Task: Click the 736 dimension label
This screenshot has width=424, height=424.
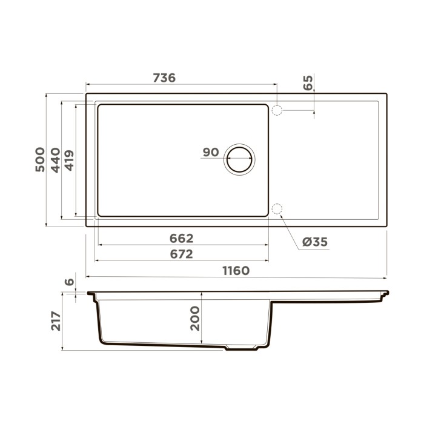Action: tap(164, 78)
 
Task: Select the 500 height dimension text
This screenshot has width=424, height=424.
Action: tap(40, 159)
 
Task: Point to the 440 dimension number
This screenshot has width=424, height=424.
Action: tap(55, 159)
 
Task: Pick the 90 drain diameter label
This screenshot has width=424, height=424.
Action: tap(210, 152)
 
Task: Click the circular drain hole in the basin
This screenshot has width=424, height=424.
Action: tap(239, 159)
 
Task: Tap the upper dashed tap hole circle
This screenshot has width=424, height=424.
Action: tap(277, 110)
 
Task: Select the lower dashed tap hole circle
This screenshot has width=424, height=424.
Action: tap(277, 210)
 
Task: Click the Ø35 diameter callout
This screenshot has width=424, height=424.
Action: tap(314, 242)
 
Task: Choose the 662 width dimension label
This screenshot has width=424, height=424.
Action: tap(181, 239)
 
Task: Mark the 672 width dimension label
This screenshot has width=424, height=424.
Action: tap(181, 254)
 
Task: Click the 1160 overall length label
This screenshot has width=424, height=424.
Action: tap(235, 270)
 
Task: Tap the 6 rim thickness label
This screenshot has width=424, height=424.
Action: tap(69, 282)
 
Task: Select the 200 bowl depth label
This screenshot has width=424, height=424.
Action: tap(195, 318)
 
